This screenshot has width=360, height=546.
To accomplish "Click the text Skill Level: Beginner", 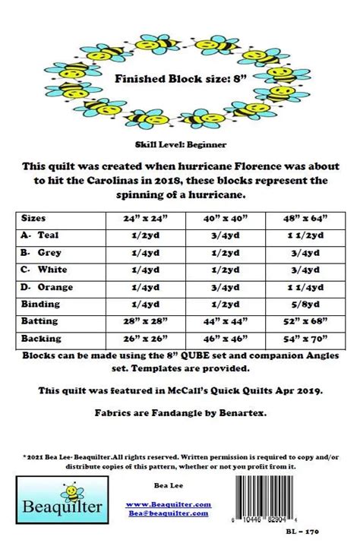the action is [179, 144].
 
